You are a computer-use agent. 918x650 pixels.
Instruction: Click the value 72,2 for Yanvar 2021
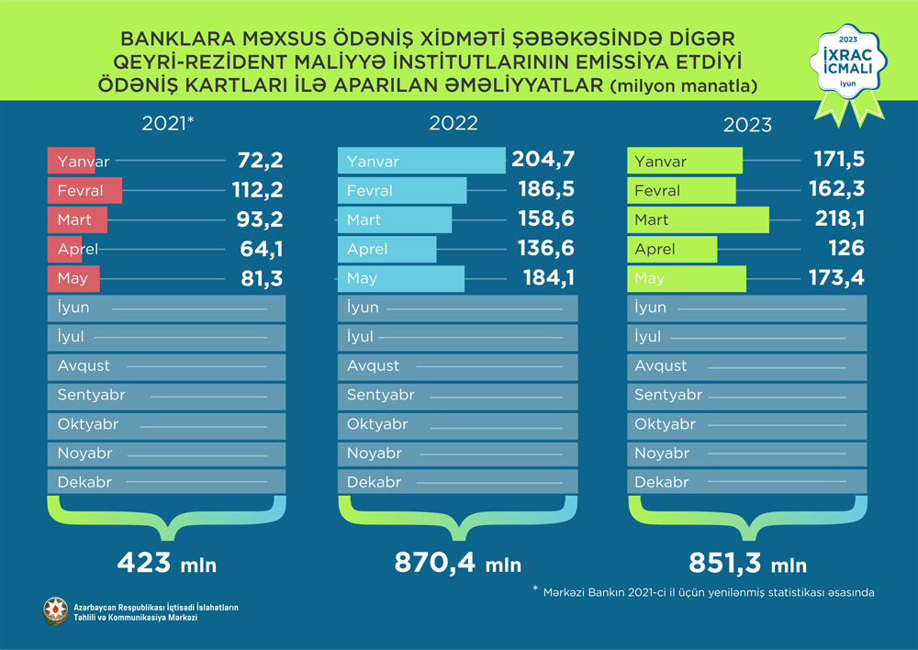coord(257,162)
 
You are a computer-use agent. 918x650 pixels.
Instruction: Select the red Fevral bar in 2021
coord(86,191)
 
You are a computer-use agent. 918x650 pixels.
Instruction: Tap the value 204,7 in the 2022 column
coord(545,162)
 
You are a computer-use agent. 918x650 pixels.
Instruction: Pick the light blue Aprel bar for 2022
coord(387,249)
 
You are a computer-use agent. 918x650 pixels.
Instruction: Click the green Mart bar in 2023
coord(698,220)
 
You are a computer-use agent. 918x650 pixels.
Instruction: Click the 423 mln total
coord(166,563)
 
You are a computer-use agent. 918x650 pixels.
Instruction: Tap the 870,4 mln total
coord(457,563)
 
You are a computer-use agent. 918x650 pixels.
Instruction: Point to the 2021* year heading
coord(171,123)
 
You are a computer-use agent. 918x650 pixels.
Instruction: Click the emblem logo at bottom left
coord(55,611)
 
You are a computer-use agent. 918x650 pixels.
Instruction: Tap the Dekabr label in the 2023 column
coord(662,482)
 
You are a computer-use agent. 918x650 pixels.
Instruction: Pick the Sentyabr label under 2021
coord(91,395)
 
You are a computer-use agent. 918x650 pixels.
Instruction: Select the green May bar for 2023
coord(687,278)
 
